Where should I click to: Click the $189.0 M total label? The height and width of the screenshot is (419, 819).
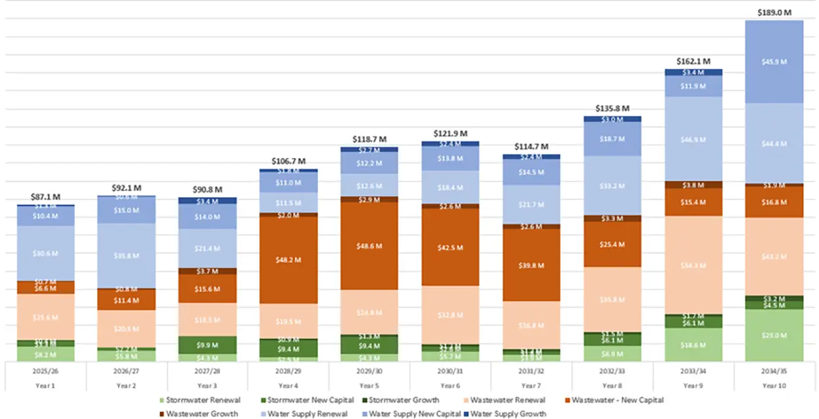[774, 12]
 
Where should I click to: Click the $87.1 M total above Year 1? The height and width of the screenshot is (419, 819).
[45, 197]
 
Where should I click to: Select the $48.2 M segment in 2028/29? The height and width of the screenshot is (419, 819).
[288, 260]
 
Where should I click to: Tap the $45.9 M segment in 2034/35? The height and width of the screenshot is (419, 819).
[774, 62]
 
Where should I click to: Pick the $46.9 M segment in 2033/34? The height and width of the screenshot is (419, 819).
[693, 139]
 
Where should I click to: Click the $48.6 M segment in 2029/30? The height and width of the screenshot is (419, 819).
[369, 246]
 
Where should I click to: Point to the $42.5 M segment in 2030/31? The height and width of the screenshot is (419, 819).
[450, 247]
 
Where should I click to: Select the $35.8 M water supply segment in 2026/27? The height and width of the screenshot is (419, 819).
[126, 256]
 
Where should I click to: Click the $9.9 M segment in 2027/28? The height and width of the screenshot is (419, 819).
[208, 345]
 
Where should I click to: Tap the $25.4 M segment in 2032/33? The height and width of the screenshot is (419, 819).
[612, 244]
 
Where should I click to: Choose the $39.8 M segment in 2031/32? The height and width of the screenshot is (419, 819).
[531, 265]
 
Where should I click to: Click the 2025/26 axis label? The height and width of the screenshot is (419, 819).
[45, 370]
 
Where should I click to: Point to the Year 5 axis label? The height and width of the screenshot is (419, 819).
[369, 386]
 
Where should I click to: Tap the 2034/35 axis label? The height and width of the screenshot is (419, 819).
[774, 370]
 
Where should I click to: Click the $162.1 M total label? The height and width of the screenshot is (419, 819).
[693, 61]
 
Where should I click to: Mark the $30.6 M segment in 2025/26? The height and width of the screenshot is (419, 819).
[45, 253]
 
